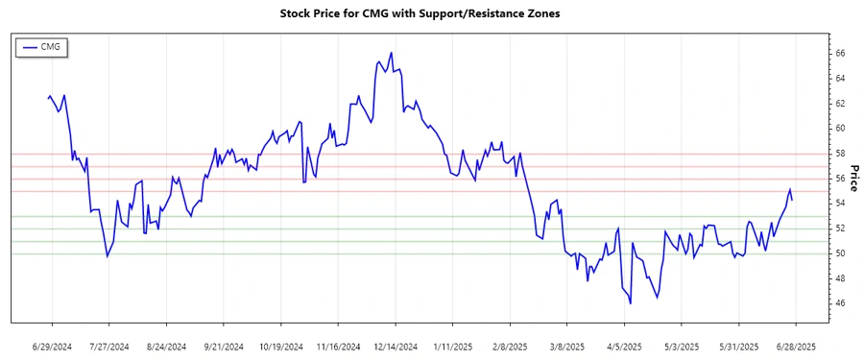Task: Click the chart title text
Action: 432,13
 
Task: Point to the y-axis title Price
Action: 853,178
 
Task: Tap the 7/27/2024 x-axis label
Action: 108,346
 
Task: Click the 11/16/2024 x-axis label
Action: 338,346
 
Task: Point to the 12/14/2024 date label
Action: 395,346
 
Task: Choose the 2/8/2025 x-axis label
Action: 510,346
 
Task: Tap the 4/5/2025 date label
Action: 624,346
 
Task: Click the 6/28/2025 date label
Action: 796,346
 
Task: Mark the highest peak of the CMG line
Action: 392,53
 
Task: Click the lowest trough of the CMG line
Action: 631,303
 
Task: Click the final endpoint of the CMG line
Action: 792,200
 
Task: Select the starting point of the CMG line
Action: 48,97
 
